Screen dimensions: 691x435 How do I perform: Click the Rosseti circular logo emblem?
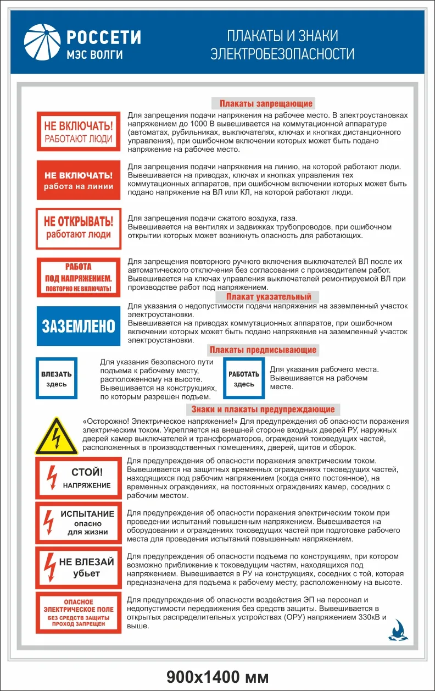click(42, 42)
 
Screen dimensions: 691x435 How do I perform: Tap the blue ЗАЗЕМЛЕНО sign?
click(78, 326)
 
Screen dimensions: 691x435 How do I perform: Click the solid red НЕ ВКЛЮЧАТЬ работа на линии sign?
click(78, 180)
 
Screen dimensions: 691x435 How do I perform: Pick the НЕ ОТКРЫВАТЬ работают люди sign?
click(78, 228)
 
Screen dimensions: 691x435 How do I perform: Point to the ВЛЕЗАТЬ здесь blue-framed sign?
click(57, 378)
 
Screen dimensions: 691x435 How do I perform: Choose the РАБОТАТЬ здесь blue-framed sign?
click(244, 378)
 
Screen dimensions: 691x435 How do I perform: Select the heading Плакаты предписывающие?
click(263, 350)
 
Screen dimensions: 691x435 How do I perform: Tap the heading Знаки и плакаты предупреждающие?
click(263, 409)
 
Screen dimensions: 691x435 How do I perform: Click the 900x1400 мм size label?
click(218, 676)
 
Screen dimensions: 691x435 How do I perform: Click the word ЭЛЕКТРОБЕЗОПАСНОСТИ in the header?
click(283, 54)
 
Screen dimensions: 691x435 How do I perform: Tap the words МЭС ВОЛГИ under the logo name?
click(94, 54)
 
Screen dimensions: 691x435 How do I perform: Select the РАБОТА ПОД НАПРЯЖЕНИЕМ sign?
click(78, 277)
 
